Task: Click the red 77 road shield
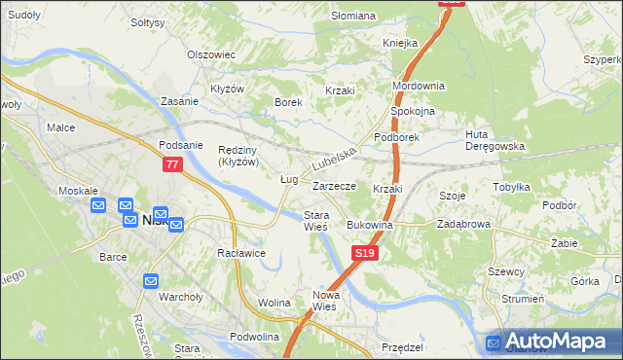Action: (172, 166)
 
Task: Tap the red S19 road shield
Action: (363, 253)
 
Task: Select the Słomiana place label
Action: (352, 16)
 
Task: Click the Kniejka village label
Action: (400, 44)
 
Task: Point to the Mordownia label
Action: (418, 86)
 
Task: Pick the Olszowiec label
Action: (211, 55)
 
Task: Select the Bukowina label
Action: (369, 225)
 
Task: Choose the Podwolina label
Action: (254, 336)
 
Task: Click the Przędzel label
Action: (402, 347)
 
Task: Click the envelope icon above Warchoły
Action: (151, 281)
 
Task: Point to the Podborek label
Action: (396, 138)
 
